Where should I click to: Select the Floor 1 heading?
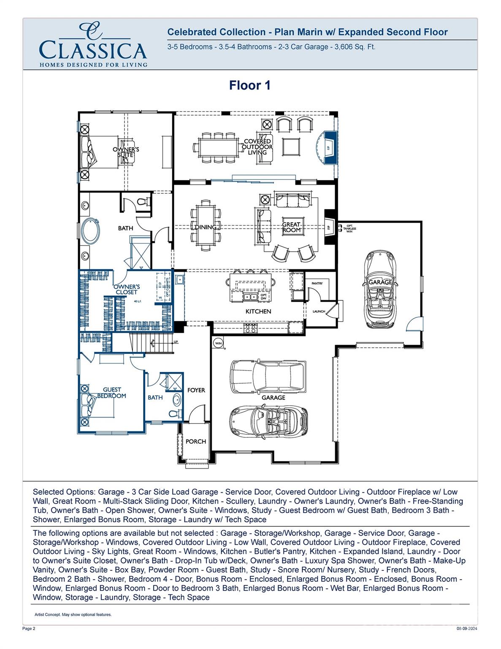[x=249, y=85]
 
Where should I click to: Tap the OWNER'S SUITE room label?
[x=126, y=152]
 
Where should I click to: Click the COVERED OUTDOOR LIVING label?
[x=257, y=147]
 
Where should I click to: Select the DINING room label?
[x=205, y=227]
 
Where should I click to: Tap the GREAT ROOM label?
[x=292, y=227]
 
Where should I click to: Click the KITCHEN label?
[x=258, y=311]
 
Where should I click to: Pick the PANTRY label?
[x=317, y=283]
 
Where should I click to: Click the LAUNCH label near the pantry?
[x=319, y=311]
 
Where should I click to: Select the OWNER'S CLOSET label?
[x=127, y=289]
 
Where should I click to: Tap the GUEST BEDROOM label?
[x=112, y=393]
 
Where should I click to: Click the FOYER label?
[x=196, y=390]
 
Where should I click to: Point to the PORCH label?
[x=196, y=442]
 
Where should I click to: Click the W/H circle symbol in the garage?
[x=218, y=343]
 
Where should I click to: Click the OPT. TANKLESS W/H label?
[x=350, y=229]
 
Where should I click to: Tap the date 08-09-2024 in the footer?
[x=467, y=628]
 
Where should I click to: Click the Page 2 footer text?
[x=29, y=628]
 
